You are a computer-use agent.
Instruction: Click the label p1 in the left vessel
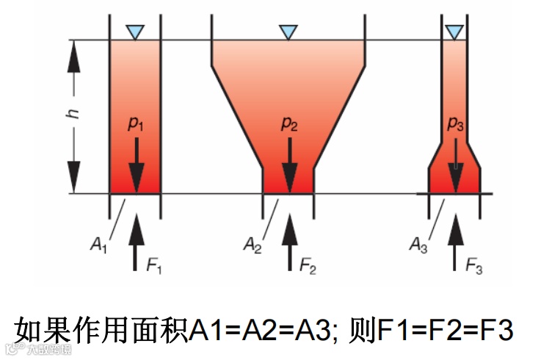[x=136, y=125]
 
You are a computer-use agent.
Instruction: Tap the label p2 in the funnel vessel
[x=290, y=124]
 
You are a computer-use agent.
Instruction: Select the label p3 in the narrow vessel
[x=456, y=125]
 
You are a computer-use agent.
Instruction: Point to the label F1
[x=153, y=264]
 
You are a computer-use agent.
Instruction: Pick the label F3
[x=474, y=264]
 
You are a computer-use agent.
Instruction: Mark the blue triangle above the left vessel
[x=135, y=32]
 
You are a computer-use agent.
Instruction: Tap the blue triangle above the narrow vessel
[x=455, y=32]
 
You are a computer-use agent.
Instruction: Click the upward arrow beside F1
[x=135, y=242]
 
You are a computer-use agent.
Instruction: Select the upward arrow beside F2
[x=290, y=242]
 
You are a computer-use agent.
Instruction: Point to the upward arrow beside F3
[x=457, y=242]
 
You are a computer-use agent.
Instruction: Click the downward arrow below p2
[x=290, y=163]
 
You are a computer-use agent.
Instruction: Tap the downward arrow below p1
[x=136, y=163]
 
